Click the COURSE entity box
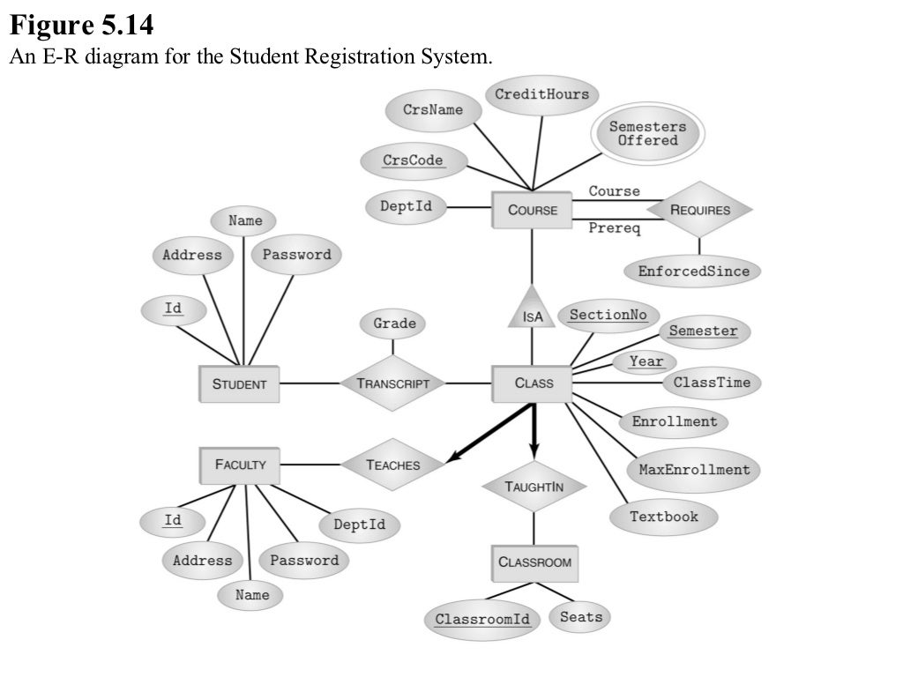[533, 210]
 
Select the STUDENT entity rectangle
[239, 383]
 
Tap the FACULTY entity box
[240, 465]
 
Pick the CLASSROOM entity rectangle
[534, 562]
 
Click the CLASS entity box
[534, 383]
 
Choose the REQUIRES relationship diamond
[700, 210]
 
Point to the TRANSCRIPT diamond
[393, 383]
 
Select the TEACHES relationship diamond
[392, 465]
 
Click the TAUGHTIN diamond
[534, 487]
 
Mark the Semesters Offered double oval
[647, 134]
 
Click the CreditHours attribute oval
[541, 94]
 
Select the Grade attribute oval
[394, 324]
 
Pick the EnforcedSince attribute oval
[693, 271]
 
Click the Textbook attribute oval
[663, 517]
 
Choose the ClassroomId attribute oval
[482, 619]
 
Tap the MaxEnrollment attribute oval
[694, 469]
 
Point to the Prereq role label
[614, 229]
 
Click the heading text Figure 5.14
[82, 25]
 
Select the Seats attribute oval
[581, 616]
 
